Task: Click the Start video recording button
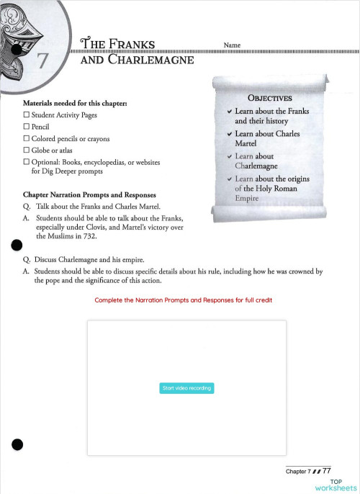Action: [186, 388]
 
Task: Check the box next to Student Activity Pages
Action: [27, 115]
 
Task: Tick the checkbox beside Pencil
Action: [27, 127]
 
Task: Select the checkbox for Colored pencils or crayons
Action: [27, 138]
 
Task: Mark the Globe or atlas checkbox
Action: [27, 150]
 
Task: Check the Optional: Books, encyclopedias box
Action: [27, 162]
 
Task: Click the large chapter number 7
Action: [42, 60]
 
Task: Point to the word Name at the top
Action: [232, 45]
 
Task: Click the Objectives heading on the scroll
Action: [269, 98]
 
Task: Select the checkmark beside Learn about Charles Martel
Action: [229, 134]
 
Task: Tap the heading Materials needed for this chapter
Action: [76, 104]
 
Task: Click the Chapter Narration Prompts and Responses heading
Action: [89, 194]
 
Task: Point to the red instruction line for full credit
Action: [184, 300]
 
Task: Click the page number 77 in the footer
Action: [326, 471]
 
